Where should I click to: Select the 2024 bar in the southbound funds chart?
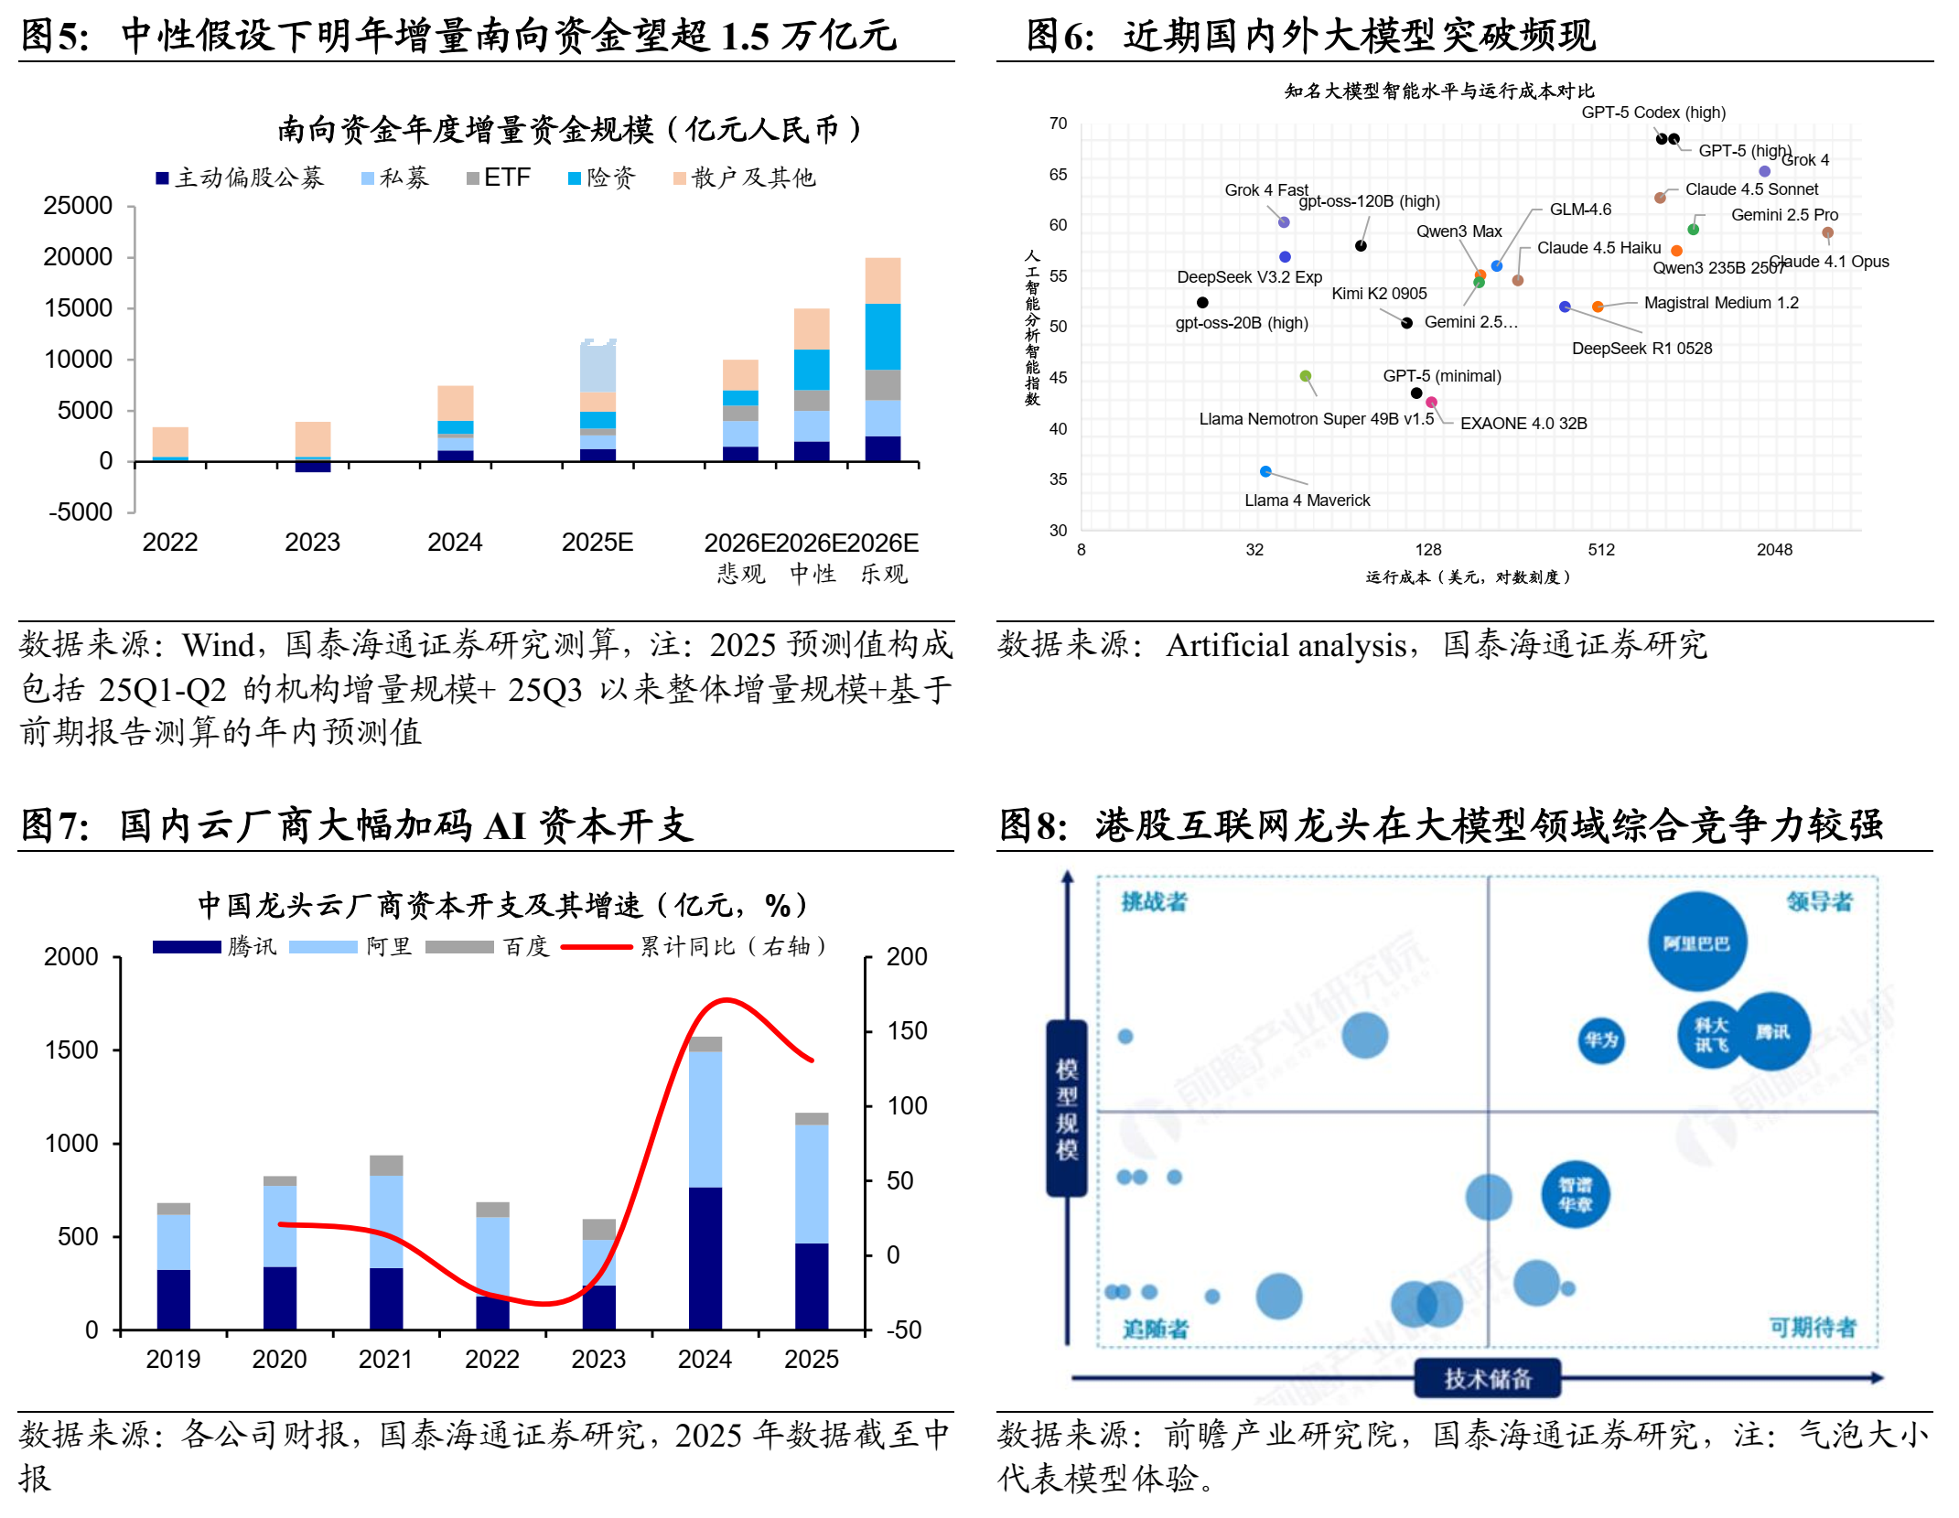pyautogui.click(x=455, y=423)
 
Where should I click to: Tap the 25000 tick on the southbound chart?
pyautogui.click(x=78, y=206)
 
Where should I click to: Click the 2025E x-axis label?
pyautogui.click(x=597, y=543)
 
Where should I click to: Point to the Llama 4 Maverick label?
pyautogui.click(x=1307, y=501)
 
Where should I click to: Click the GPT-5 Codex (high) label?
pyautogui.click(x=1652, y=113)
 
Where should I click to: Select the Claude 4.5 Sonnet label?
pyautogui.click(x=1751, y=189)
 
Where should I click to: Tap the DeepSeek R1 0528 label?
pyautogui.click(x=1641, y=349)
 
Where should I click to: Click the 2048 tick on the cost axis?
pyautogui.click(x=1774, y=550)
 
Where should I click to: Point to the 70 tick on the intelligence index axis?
pyautogui.click(x=1058, y=124)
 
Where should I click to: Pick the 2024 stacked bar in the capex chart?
pyautogui.click(x=705, y=1182)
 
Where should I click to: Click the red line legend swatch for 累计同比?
pyautogui.click(x=596, y=947)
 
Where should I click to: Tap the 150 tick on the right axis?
pyautogui.click(x=907, y=1031)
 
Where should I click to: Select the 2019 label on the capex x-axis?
pyautogui.click(x=173, y=1360)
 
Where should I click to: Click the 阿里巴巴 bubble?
pyautogui.click(x=1696, y=942)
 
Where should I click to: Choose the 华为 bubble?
pyautogui.click(x=1601, y=1040)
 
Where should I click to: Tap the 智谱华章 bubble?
pyautogui.click(x=1575, y=1195)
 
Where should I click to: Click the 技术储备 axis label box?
pyautogui.click(x=1487, y=1378)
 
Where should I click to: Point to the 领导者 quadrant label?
pyautogui.click(x=1819, y=902)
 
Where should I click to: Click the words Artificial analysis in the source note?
pyautogui.click(x=1286, y=646)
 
